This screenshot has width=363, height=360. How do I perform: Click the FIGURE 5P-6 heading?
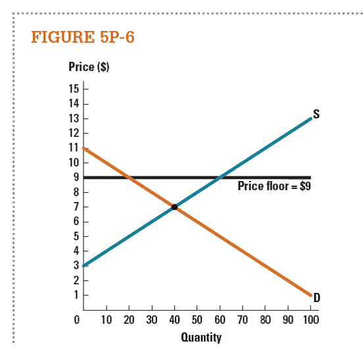(83, 37)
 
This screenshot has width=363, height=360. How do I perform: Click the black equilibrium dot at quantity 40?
(174, 207)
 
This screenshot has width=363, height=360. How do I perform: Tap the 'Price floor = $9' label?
(274, 186)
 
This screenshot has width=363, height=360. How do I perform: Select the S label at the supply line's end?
(316, 114)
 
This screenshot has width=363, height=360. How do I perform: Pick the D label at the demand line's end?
(316, 298)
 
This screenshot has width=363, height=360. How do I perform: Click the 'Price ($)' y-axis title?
(84, 67)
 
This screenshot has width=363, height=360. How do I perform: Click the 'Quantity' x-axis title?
(201, 338)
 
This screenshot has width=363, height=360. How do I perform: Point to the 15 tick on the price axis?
(73, 89)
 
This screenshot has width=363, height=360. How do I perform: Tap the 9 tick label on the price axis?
(76, 177)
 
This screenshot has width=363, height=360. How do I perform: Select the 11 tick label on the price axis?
(73, 147)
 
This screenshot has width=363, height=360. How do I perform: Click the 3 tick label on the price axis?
(76, 265)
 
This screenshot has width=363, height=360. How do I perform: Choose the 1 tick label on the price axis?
(76, 294)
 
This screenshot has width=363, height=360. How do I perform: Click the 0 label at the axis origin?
(77, 321)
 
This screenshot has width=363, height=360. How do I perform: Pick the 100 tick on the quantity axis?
(310, 321)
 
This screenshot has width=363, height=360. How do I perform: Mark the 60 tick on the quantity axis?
(220, 321)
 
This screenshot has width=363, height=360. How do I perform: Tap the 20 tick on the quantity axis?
(129, 321)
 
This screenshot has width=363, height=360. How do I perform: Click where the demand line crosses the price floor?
(130, 177)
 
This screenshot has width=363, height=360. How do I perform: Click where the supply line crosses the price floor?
(220, 177)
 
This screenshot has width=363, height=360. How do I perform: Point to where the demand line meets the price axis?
(84, 148)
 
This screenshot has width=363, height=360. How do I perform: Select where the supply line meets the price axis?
(84, 265)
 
